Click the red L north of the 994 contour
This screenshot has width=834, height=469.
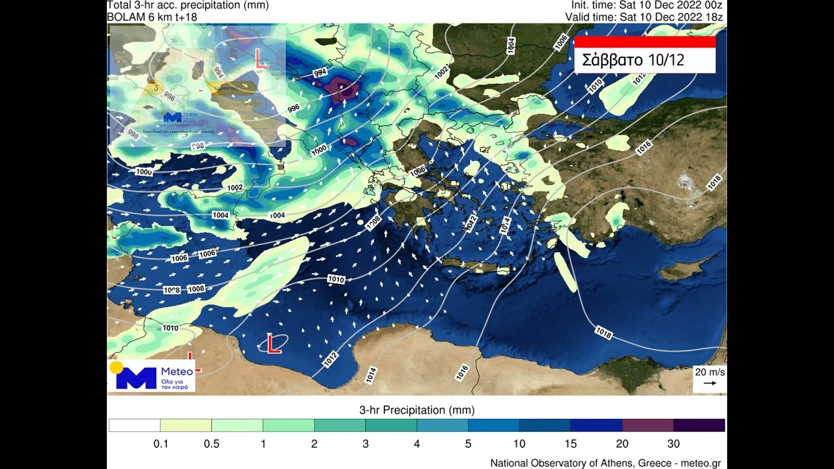point(261,60)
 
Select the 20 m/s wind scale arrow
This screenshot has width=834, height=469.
point(710,383)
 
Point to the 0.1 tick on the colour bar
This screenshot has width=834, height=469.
point(160,444)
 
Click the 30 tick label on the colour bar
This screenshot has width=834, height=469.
point(673,444)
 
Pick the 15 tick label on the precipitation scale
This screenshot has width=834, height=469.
point(571,444)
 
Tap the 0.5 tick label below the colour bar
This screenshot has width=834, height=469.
point(212,444)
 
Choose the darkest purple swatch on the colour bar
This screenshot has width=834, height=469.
point(699,425)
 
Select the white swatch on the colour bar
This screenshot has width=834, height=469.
point(134,425)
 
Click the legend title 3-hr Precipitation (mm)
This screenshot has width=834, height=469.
point(416,410)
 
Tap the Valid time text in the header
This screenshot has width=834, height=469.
point(644,16)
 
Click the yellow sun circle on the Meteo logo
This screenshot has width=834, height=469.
point(117,367)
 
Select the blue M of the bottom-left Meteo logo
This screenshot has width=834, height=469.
point(136,378)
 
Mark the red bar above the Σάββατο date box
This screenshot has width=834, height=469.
point(644,42)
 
